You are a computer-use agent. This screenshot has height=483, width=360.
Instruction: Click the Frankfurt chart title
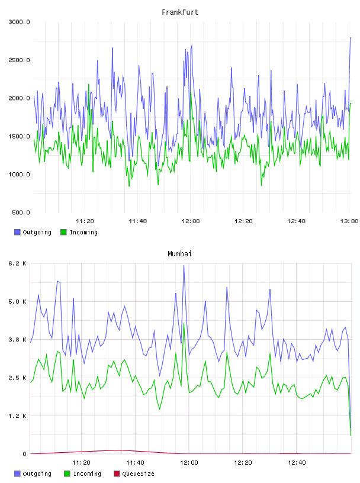pyautogui.click(x=180, y=12)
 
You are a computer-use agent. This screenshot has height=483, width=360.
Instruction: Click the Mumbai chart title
pyautogui.click(x=179, y=254)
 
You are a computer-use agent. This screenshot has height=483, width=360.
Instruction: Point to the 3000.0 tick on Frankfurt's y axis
pyautogui.click(x=19, y=22)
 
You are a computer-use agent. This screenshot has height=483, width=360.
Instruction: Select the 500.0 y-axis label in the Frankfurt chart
pyautogui.click(x=21, y=212)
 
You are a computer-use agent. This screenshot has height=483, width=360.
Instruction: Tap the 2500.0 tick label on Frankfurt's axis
pyautogui.click(x=19, y=60)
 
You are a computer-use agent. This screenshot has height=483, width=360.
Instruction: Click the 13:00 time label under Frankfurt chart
pyautogui.click(x=349, y=221)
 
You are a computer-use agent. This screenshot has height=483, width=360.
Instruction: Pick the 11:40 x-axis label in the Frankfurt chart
pyautogui.click(x=138, y=221)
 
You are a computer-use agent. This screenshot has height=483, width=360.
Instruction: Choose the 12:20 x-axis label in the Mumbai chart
pyautogui.click(x=243, y=463)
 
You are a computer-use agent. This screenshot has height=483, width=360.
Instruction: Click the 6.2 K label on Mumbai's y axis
pyautogui.click(x=17, y=263)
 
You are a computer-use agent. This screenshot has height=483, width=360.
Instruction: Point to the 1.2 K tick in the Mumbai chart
pyautogui.click(x=17, y=416)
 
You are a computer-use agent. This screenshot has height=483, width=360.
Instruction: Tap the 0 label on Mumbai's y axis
pyautogui.click(x=24, y=454)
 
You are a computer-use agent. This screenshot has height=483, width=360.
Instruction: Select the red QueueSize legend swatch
pyautogui.click(x=117, y=474)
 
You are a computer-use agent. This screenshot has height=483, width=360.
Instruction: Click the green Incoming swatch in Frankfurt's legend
pyautogui.click(x=63, y=232)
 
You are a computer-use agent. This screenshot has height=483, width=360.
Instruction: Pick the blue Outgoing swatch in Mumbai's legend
pyautogui.click(x=17, y=474)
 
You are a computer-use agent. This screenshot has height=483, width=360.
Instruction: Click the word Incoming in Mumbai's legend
pyautogui.click(x=87, y=474)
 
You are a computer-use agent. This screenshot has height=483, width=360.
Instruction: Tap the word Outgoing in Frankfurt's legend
pyautogui.click(x=37, y=233)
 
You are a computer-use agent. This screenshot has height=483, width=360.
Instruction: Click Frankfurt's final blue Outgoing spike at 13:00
pyautogui.click(x=351, y=38)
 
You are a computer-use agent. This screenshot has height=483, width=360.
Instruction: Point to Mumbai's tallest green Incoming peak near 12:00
pyautogui.click(x=184, y=323)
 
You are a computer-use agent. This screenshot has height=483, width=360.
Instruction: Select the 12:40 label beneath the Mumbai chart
pyautogui.click(x=297, y=463)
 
